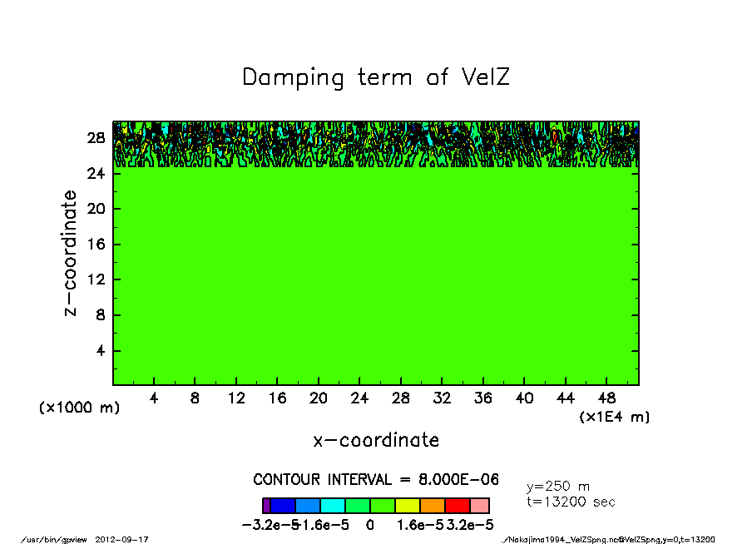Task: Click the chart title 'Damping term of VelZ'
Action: pos(376,78)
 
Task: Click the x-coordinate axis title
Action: pos(376,440)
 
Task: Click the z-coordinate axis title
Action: pos(72,253)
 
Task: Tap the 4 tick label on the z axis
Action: pos(101,351)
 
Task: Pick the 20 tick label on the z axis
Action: pos(97,209)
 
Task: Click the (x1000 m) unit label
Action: pos(80,408)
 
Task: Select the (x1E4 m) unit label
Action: pos(615,417)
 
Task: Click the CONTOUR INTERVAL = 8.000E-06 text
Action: pos(376,480)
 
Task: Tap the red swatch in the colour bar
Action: pos(457,506)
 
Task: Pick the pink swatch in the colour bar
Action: pos(480,506)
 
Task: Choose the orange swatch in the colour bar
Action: pos(433,506)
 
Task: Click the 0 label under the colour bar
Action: pos(369,526)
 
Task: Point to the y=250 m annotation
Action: pos(559,487)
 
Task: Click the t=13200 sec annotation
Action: pos(571,502)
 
